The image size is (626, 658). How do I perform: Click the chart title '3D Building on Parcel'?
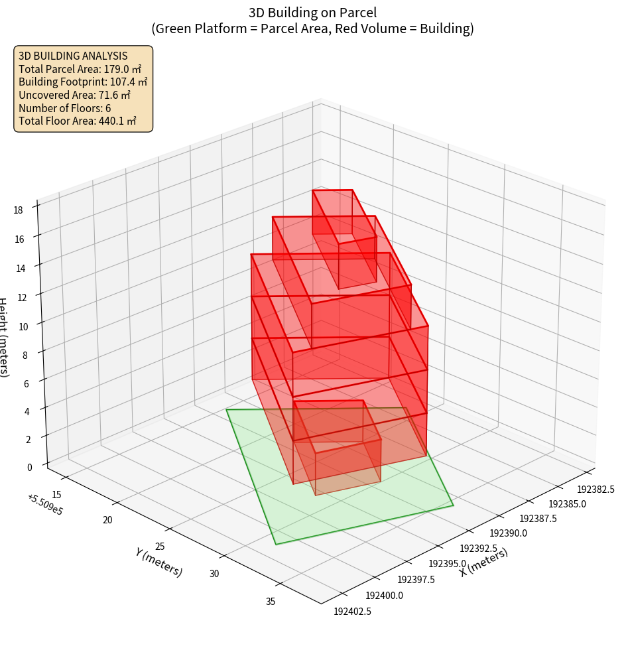[312, 12]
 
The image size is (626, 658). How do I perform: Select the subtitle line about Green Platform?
[312, 29]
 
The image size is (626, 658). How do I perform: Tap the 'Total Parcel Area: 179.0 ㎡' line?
[80, 68]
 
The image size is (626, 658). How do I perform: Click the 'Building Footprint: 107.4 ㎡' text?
[83, 82]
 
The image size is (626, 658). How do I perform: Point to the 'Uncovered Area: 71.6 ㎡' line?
[77, 95]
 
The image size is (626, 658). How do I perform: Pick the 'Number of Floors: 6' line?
[65, 108]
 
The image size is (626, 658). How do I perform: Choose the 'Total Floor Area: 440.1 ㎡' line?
[78, 121]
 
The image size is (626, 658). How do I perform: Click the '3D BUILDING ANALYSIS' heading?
[73, 56]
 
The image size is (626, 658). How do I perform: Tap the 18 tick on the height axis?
[18, 210]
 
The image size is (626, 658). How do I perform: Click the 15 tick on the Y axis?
[57, 494]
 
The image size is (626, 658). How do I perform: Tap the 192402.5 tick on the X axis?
[352, 611]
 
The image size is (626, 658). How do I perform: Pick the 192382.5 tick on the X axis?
[595, 490]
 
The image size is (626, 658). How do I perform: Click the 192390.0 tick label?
[508, 533]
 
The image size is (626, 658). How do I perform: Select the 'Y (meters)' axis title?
[159, 562]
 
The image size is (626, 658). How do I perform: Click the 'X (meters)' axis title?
[483, 562]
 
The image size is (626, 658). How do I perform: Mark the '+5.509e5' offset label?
[45, 505]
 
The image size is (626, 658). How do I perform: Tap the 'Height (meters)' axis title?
[4, 338]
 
